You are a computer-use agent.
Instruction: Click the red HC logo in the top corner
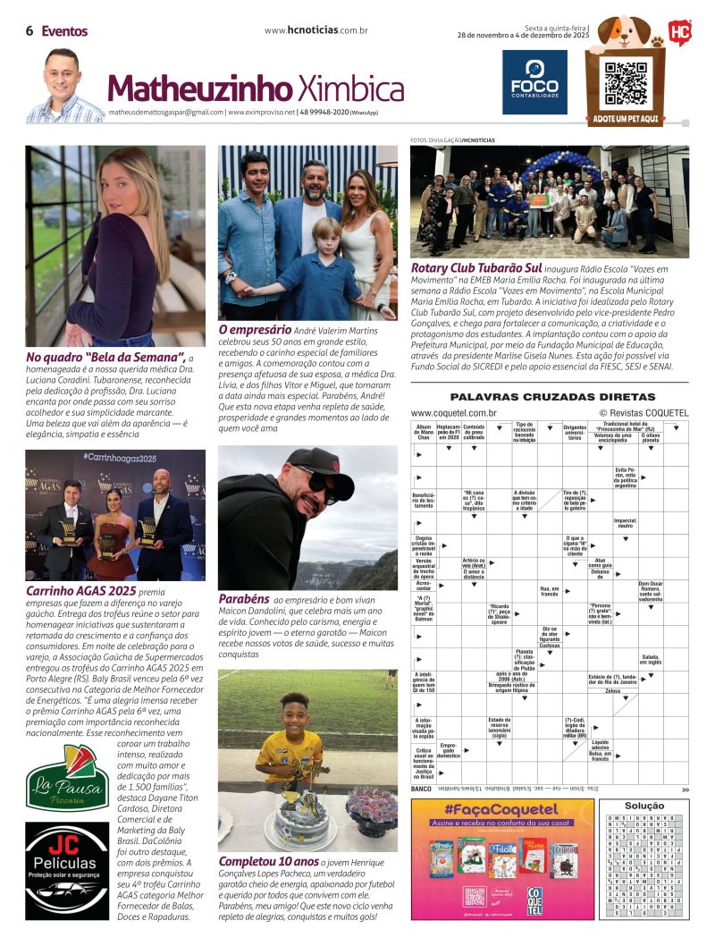(679, 32)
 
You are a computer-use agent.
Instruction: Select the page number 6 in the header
(29, 31)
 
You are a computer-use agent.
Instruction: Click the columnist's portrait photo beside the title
(63, 87)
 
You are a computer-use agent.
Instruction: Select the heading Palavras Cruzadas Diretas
(552, 397)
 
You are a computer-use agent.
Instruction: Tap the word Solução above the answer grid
(644, 806)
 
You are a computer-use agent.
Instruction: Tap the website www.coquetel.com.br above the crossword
(454, 413)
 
